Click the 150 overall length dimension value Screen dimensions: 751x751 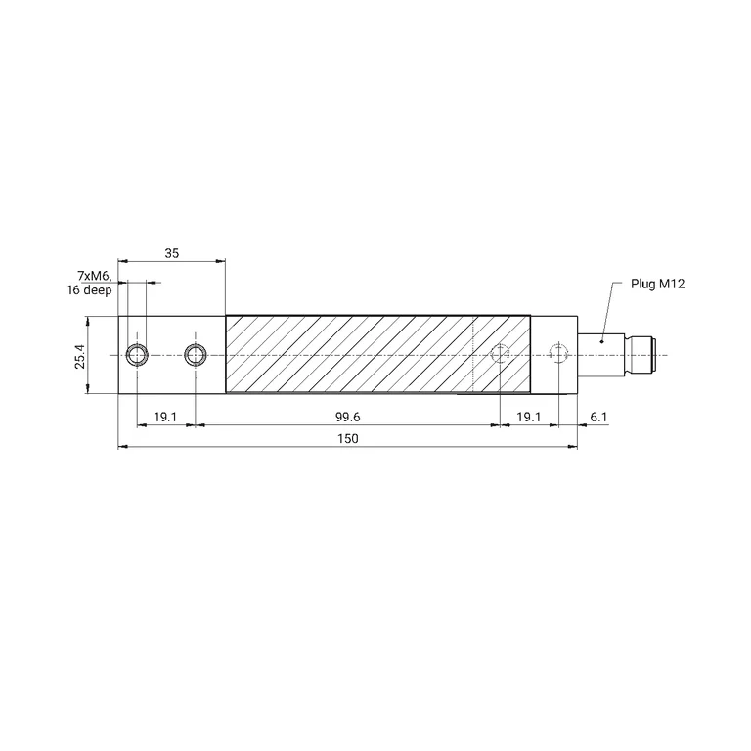tap(348, 439)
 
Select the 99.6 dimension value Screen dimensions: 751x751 tap(348, 418)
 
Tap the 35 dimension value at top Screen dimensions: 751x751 tap(171, 253)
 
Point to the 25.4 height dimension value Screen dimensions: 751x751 tap(79, 356)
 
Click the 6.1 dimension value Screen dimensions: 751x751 tap(598, 418)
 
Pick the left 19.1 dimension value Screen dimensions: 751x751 tap(165, 418)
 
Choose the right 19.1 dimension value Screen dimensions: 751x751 tap(529, 418)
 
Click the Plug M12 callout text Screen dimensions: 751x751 tap(657, 284)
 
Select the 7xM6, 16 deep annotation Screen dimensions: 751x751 tap(90, 283)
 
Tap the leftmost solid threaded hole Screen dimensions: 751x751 tap(137, 355)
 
